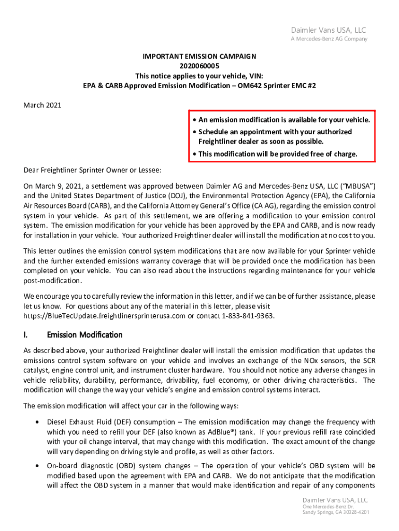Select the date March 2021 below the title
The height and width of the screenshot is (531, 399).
click(42, 105)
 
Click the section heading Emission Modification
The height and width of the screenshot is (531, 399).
click(84, 334)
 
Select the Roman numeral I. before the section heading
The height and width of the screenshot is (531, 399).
click(26, 334)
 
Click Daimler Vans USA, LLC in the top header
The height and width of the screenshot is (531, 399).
click(335, 31)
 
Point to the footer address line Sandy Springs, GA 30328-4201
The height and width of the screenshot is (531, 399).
click(336, 512)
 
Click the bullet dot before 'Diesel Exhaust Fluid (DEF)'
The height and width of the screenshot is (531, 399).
click(36, 423)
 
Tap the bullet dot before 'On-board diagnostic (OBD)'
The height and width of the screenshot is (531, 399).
click(36, 466)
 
